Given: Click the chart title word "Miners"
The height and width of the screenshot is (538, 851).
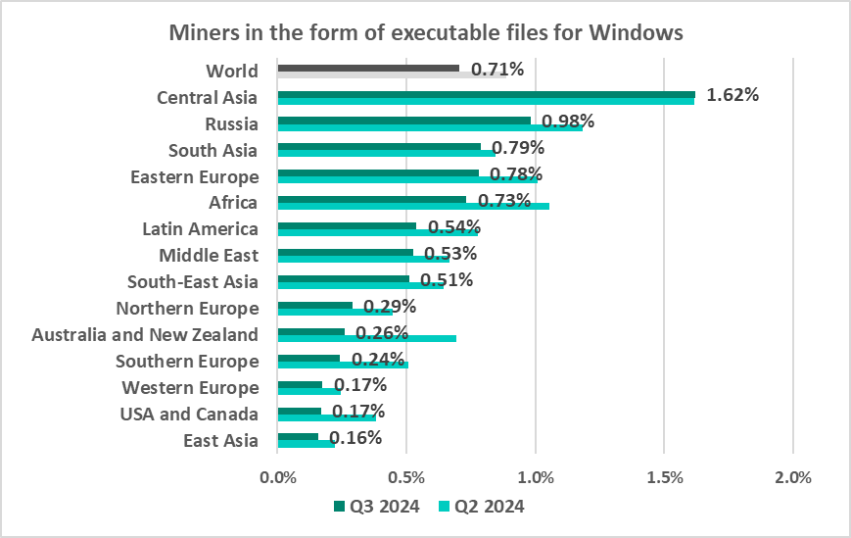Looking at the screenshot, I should coord(203,32).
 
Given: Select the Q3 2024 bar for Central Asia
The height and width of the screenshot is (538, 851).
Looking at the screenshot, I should coord(486,94).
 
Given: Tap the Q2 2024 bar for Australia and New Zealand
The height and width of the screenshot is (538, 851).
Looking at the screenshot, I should coord(367,338).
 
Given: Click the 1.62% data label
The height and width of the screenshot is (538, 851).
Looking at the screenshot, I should coord(733,95).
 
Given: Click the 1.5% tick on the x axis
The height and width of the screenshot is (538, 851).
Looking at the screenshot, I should coord(664,478).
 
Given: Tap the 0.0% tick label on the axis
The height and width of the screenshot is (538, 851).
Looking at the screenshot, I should coord(278,478).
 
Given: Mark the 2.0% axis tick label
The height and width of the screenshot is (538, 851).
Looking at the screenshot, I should coord(792,478).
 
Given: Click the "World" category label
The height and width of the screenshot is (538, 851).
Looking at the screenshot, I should coord(232,71).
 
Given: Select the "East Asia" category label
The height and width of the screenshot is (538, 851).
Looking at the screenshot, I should coord(220,440).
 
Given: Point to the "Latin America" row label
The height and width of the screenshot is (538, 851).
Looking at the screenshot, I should coord(200,229).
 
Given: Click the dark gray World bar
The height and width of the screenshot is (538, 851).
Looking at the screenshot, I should coord(368,68).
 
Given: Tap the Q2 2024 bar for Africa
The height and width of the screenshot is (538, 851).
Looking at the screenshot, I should coord(413,206).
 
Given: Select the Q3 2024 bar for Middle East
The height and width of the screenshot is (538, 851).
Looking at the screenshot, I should coord(346,252).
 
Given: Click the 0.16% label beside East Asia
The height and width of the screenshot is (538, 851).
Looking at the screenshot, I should coord(355,438).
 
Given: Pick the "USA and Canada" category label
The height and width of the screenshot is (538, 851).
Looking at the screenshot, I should coord(190,414).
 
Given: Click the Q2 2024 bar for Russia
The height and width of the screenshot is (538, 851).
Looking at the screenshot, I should coord(430,126).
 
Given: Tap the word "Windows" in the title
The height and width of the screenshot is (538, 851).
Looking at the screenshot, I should coord(637,32).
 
